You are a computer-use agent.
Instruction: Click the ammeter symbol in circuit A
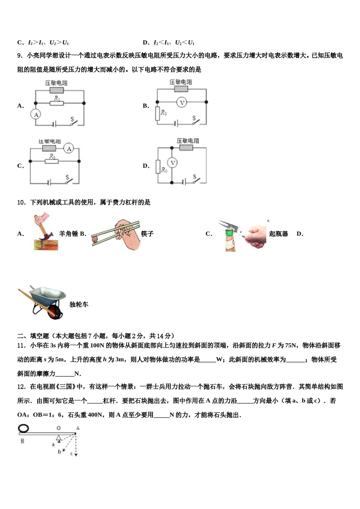(x=36, y=115)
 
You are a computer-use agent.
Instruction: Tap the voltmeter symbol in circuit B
(x=182, y=102)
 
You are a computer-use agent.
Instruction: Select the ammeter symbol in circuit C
(x=69, y=149)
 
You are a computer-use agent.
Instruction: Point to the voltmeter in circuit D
(x=172, y=163)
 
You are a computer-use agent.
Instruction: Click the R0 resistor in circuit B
(x=158, y=113)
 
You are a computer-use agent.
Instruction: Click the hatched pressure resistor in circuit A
(x=56, y=91)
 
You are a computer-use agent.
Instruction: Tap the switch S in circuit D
(x=195, y=179)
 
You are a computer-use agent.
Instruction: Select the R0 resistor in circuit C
(x=52, y=161)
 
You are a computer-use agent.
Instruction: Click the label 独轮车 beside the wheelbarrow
(x=79, y=304)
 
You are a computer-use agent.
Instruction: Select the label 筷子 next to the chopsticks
(x=147, y=234)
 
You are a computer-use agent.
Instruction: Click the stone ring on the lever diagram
(x=23, y=429)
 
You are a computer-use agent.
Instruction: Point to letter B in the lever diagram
(x=22, y=441)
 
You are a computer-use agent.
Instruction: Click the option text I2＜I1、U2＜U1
(x=174, y=43)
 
